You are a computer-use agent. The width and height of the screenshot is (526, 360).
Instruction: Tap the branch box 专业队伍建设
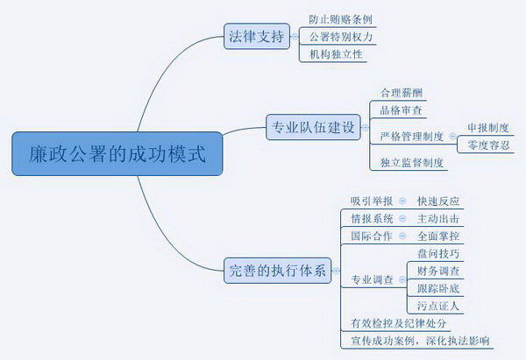[312, 129]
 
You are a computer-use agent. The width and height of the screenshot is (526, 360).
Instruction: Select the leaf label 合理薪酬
[401, 93]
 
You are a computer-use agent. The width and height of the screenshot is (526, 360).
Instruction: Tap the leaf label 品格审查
[401, 110]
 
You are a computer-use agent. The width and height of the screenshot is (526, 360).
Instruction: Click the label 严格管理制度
[411, 137]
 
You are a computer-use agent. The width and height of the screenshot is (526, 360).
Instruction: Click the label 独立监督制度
[411, 163]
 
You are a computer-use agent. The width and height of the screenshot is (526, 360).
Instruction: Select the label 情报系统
[372, 219]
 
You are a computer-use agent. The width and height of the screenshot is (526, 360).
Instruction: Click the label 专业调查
[372, 280]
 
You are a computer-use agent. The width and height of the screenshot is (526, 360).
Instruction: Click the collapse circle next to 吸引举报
[402, 201]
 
